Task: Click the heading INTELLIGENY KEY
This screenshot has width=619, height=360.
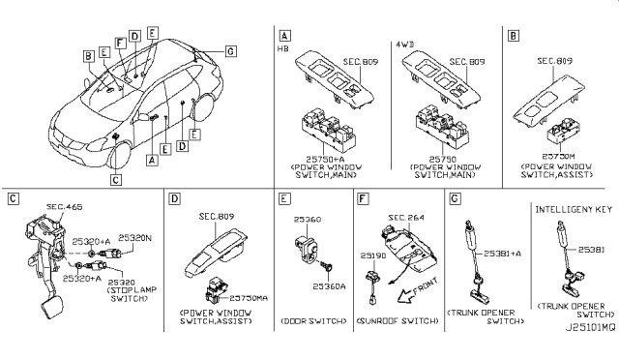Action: [574, 208]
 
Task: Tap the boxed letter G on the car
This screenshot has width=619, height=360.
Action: [228, 50]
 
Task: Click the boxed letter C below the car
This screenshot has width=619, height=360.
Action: [116, 178]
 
